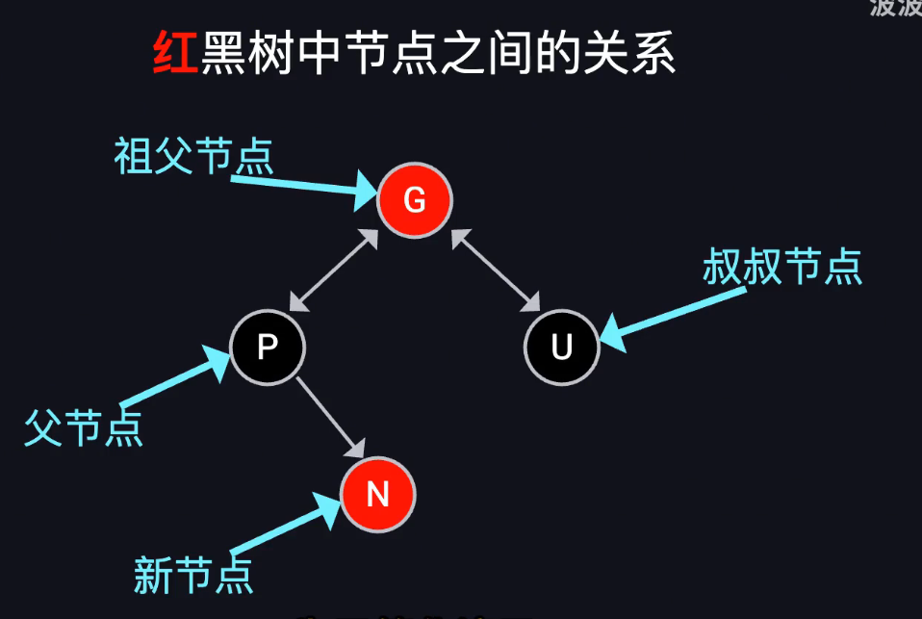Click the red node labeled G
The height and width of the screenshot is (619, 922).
tap(414, 200)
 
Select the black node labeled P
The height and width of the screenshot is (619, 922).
tap(268, 347)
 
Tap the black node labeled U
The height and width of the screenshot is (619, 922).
tap(562, 347)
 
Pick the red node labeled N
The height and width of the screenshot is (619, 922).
tap(377, 494)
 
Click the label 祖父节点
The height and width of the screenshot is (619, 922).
tap(193, 155)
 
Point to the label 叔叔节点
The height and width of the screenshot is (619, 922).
tap(781, 267)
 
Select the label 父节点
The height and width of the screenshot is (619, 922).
tap(84, 426)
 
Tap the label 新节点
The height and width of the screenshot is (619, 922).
tap(193, 575)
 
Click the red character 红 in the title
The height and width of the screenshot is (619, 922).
tap(175, 54)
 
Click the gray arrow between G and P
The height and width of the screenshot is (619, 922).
tap(332, 271)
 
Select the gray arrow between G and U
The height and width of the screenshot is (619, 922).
tap(497, 271)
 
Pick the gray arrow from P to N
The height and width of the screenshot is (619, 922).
tap(330, 417)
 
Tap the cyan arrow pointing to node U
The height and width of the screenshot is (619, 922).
tap(674, 312)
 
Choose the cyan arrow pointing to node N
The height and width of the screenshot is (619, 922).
tap(285, 527)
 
